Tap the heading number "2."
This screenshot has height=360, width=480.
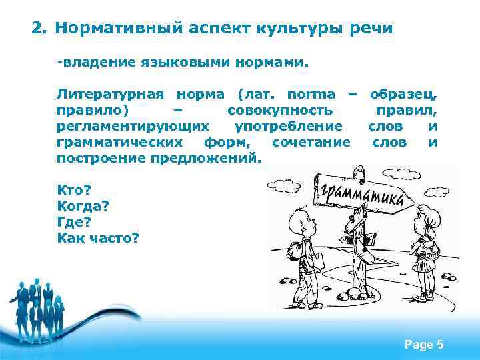coord(40,29)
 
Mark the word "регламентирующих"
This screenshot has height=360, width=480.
coord(132,126)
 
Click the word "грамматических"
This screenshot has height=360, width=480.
coord(120,142)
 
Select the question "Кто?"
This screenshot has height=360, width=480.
coord(74,190)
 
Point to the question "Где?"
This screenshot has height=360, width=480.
coord(74,221)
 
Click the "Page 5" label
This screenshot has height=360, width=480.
coord(424,345)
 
